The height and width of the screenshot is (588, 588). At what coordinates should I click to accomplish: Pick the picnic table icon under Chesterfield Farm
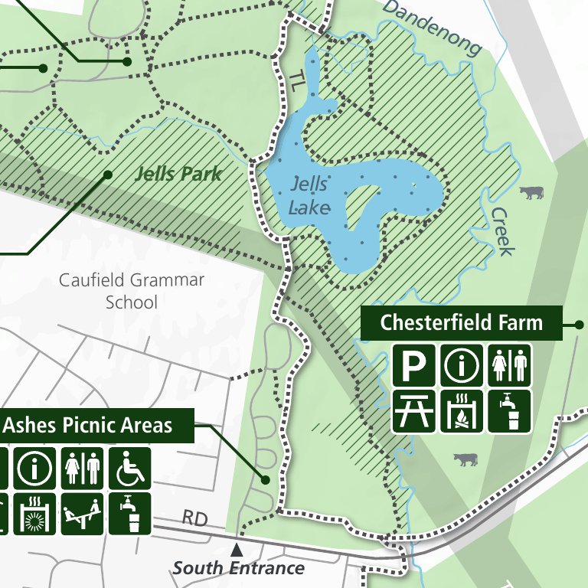pyautogui.click(x=414, y=411)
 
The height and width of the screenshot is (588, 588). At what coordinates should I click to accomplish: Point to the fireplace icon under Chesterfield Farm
pyautogui.click(x=461, y=411)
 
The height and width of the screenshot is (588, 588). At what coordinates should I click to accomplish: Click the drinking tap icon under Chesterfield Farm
pyautogui.click(x=508, y=411)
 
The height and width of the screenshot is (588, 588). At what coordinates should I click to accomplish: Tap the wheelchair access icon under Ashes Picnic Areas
pyautogui.click(x=129, y=469)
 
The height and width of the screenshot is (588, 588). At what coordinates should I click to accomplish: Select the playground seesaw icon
pyautogui.click(x=83, y=513)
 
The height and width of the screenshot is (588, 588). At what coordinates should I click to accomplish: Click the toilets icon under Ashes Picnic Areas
pyautogui.click(x=83, y=469)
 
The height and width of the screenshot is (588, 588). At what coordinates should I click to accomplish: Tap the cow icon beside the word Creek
pyautogui.click(x=531, y=191)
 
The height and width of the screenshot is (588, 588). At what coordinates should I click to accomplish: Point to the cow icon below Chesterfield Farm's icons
pyautogui.click(x=465, y=459)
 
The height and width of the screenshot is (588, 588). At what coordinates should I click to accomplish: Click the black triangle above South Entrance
pyautogui.click(x=237, y=550)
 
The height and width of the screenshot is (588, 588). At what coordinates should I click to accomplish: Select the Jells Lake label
pyautogui.click(x=310, y=196)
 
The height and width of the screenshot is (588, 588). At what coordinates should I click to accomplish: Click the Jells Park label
pyautogui.click(x=178, y=173)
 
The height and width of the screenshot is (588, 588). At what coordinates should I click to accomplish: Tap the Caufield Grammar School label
pyautogui.click(x=132, y=291)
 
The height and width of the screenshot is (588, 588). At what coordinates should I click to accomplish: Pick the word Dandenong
pyautogui.click(x=433, y=28)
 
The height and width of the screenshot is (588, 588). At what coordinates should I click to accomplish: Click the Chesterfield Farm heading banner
pyautogui.click(x=461, y=322)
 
